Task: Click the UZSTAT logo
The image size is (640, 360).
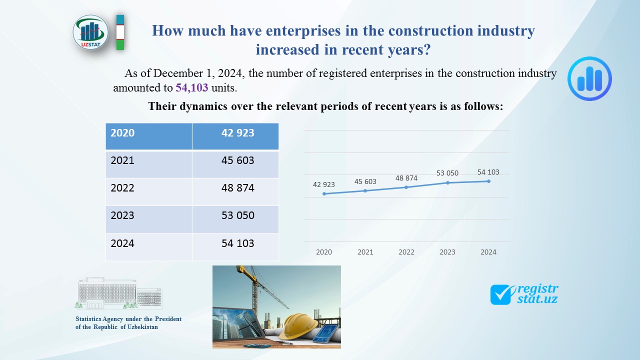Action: [x=90, y=32]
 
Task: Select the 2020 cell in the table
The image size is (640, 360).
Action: [x=148, y=136]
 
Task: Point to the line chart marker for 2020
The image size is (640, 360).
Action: [x=324, y=193]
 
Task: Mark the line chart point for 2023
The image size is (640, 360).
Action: [x=447, y=182]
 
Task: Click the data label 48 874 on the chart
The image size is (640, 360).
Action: [x=405, y=178]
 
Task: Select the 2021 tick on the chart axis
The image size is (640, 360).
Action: [x=365, y=252]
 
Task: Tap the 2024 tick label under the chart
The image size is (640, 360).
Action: [x=488, y=252]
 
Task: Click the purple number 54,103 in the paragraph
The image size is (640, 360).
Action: [x=191, y=88]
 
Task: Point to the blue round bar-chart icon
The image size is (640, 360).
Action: [x=589, y=78]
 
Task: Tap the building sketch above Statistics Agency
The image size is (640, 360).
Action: [x=118, y=293]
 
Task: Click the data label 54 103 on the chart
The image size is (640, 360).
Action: [x=488, y=172]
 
